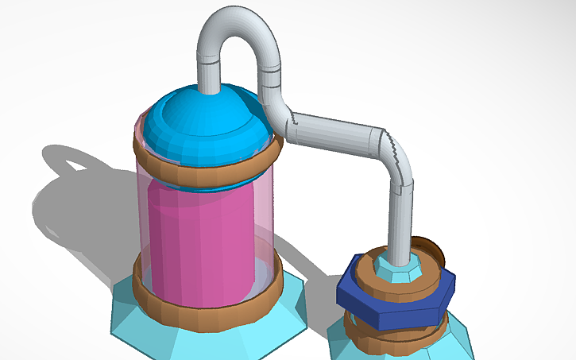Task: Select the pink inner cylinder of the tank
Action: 199,238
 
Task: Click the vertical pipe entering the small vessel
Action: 401,223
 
